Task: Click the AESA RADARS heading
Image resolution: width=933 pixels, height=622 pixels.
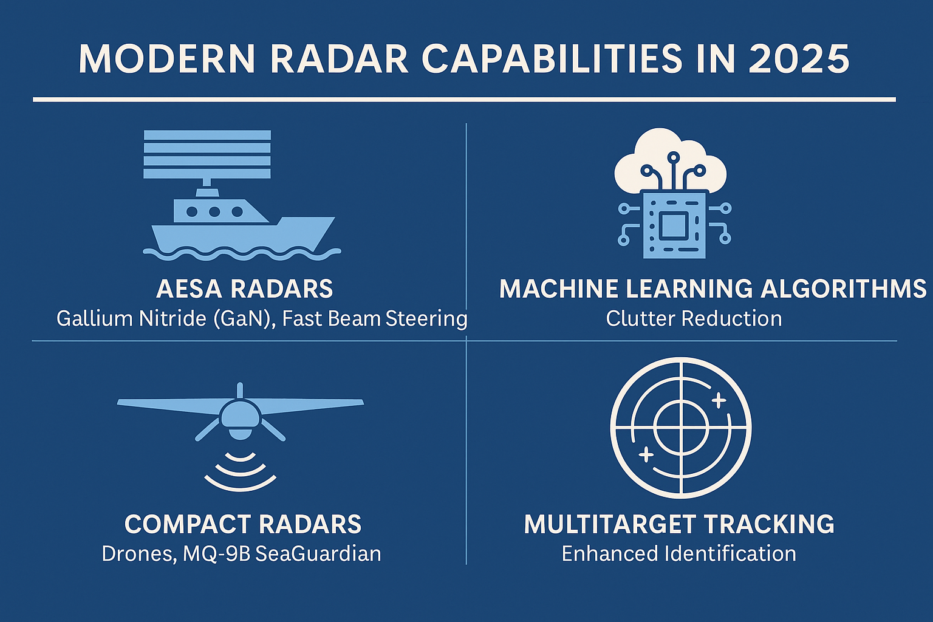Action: pyautogui.click(x=245, y=289)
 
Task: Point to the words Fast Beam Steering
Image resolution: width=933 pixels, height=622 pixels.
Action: pyautogui.click(x=375, y=319)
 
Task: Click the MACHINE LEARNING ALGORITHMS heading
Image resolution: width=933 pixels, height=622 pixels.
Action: pyautogui.click(x=713, y=289)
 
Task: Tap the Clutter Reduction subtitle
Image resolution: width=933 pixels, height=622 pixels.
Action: pyautogui.click(x=694, y=318)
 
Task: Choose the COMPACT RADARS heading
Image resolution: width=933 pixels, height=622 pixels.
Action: pyautogui.click(x=243, y=524)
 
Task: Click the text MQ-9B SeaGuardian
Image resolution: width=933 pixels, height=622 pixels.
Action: pyautogui.click(x=282, y=554)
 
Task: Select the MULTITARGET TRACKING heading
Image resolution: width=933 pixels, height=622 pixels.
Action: pyautogui.click(x=679, y=524)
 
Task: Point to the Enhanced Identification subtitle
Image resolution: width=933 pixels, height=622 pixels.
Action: pyautogui.click(x=679, y=554)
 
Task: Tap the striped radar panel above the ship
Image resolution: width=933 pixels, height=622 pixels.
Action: pyautogui.click(x=207, y=154)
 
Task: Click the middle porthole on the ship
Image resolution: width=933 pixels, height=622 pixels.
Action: pyautogui.click(x=214, y=211)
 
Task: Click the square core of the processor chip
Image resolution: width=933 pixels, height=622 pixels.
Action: pyautogui.click(x=674, y=225)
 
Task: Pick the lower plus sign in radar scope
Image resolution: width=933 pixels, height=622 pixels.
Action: pyautogui.click(x=646, y=454)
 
